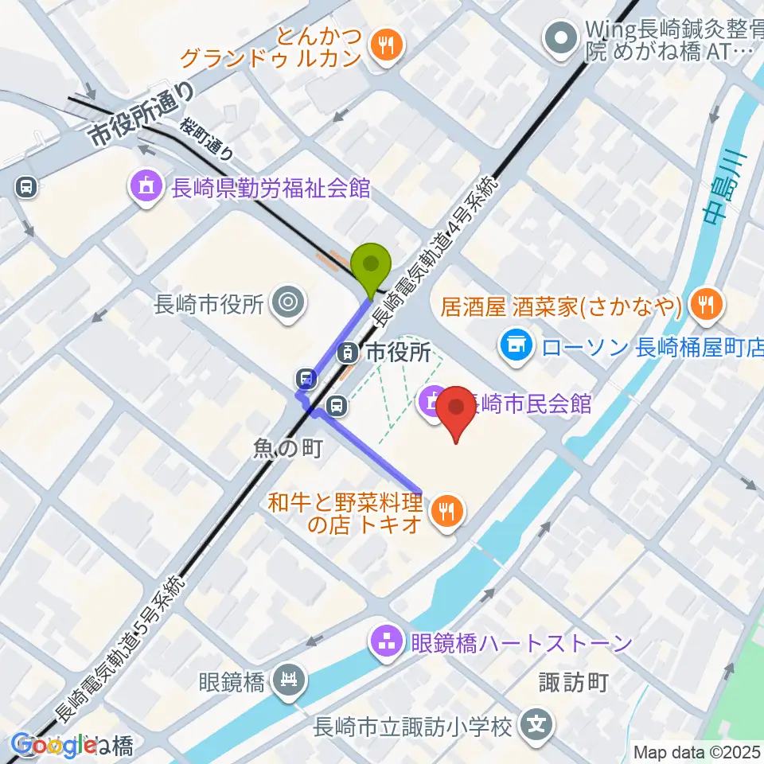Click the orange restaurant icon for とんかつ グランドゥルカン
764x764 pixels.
tap(386, 45)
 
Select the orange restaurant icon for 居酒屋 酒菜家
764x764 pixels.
tap(704, 304)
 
